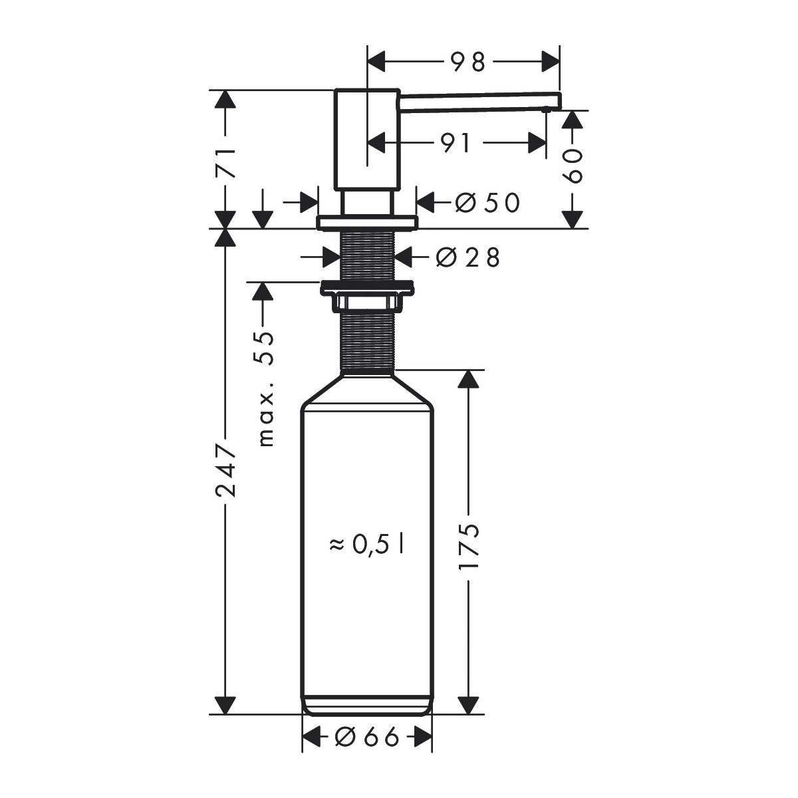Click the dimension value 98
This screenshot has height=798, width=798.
[x=468, y=62]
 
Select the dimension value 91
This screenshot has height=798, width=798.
[x=456, y=142]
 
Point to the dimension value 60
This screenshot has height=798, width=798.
[x=573, y=166]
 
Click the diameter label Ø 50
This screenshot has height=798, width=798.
[x=486, y=203]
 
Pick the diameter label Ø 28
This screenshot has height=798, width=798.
[x=467, y=257]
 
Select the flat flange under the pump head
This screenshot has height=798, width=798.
[x=367, y=222]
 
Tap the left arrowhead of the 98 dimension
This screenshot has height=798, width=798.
[x=377, y=63]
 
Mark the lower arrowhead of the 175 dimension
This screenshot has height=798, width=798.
[x=469, y=705]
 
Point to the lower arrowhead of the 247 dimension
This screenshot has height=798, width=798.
[x=225, y=705]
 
